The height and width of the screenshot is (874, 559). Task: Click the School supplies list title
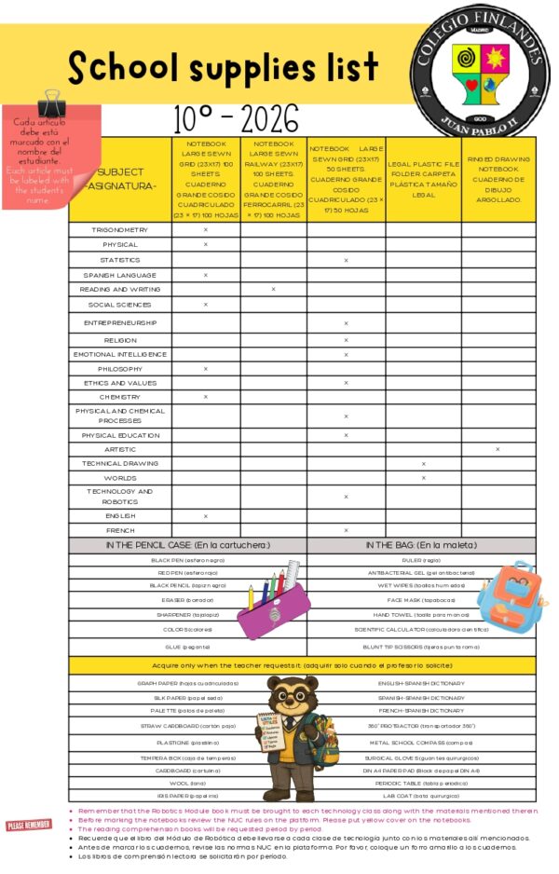click(x=224, y=67)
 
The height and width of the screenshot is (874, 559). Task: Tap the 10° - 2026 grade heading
click(x=237, y=119)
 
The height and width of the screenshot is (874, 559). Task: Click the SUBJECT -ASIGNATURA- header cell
click(x=120, y=179)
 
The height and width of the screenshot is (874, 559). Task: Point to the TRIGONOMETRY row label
click(x=120, y=229)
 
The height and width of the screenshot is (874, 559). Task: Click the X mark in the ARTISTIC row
click(x=498, y=449)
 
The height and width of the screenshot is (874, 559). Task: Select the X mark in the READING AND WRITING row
click(x=273, y=290)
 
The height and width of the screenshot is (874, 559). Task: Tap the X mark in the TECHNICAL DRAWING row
click(x=423, y=463)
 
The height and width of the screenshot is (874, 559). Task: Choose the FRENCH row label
click(x=120, y=529)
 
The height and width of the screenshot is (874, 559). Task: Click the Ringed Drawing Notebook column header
click(x=498, y=179)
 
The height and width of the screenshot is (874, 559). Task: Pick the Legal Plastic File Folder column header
click(x=423, y=179)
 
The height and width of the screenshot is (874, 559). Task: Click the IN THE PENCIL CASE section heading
click(x=187, y=544)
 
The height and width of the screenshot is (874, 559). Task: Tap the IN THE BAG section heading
click(x=421, y=544)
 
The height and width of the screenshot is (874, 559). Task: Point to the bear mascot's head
click(x=291, y=694)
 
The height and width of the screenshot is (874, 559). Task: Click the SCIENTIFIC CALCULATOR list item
click(x=421, y=629)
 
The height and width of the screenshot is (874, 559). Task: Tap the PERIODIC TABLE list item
click(x=421, y=784)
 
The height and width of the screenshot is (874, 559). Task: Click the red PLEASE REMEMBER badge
click(x=29, y=825)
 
